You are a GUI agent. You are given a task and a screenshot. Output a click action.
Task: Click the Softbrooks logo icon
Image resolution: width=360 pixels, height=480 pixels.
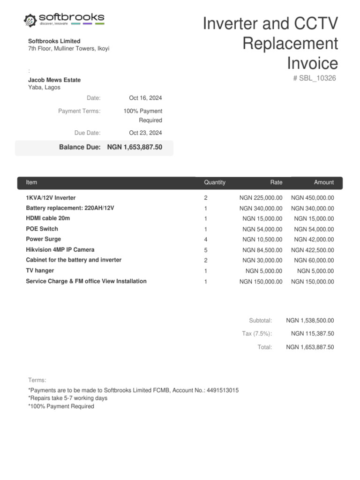pos(30,20)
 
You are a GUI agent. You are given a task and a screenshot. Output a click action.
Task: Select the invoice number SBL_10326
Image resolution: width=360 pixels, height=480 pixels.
pos(315,78)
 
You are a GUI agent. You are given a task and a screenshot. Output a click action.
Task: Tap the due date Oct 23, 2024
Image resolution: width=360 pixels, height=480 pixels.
pos(145,133)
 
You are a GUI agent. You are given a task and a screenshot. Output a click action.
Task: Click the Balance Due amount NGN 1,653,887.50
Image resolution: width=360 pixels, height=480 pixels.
pos(135,147)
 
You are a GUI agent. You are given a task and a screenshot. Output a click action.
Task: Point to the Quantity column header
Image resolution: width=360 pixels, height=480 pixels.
pos(215,182)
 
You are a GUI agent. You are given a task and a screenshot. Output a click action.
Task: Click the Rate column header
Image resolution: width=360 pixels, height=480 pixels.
pos(276,182)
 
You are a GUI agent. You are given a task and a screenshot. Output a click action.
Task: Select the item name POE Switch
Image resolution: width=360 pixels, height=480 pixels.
pos(42,229)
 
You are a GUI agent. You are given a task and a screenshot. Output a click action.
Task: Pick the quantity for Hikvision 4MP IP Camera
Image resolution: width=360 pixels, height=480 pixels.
pos(206,250)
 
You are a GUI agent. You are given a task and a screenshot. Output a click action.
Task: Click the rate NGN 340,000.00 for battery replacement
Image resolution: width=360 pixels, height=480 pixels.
pos(261,209)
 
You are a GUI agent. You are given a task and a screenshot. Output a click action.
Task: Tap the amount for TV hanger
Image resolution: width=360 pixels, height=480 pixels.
pos(315,271)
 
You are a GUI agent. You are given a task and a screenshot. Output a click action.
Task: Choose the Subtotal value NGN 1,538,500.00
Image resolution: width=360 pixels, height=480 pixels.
pos(310,321)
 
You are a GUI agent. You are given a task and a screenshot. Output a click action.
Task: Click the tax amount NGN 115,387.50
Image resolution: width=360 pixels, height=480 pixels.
pos(312,334)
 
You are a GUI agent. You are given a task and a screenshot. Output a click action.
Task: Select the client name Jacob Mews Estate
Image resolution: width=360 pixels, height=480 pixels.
pos(54,80)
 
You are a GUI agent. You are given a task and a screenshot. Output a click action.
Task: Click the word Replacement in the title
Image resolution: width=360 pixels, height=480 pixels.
pos(290,44)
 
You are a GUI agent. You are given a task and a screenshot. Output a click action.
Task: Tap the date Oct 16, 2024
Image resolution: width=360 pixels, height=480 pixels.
pos(145,98)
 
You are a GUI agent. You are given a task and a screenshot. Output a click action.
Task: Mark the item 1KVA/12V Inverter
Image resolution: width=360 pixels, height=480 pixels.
pos(51,198)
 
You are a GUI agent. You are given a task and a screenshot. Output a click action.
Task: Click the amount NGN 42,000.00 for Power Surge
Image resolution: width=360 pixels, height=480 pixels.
pos(314,240)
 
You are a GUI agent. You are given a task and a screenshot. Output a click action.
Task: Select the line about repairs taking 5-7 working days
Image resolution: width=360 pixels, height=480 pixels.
pos(68,398)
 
